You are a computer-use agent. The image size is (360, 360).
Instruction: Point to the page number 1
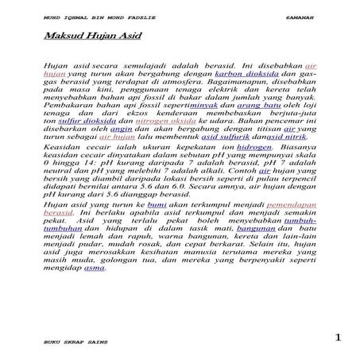pos(339,338)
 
